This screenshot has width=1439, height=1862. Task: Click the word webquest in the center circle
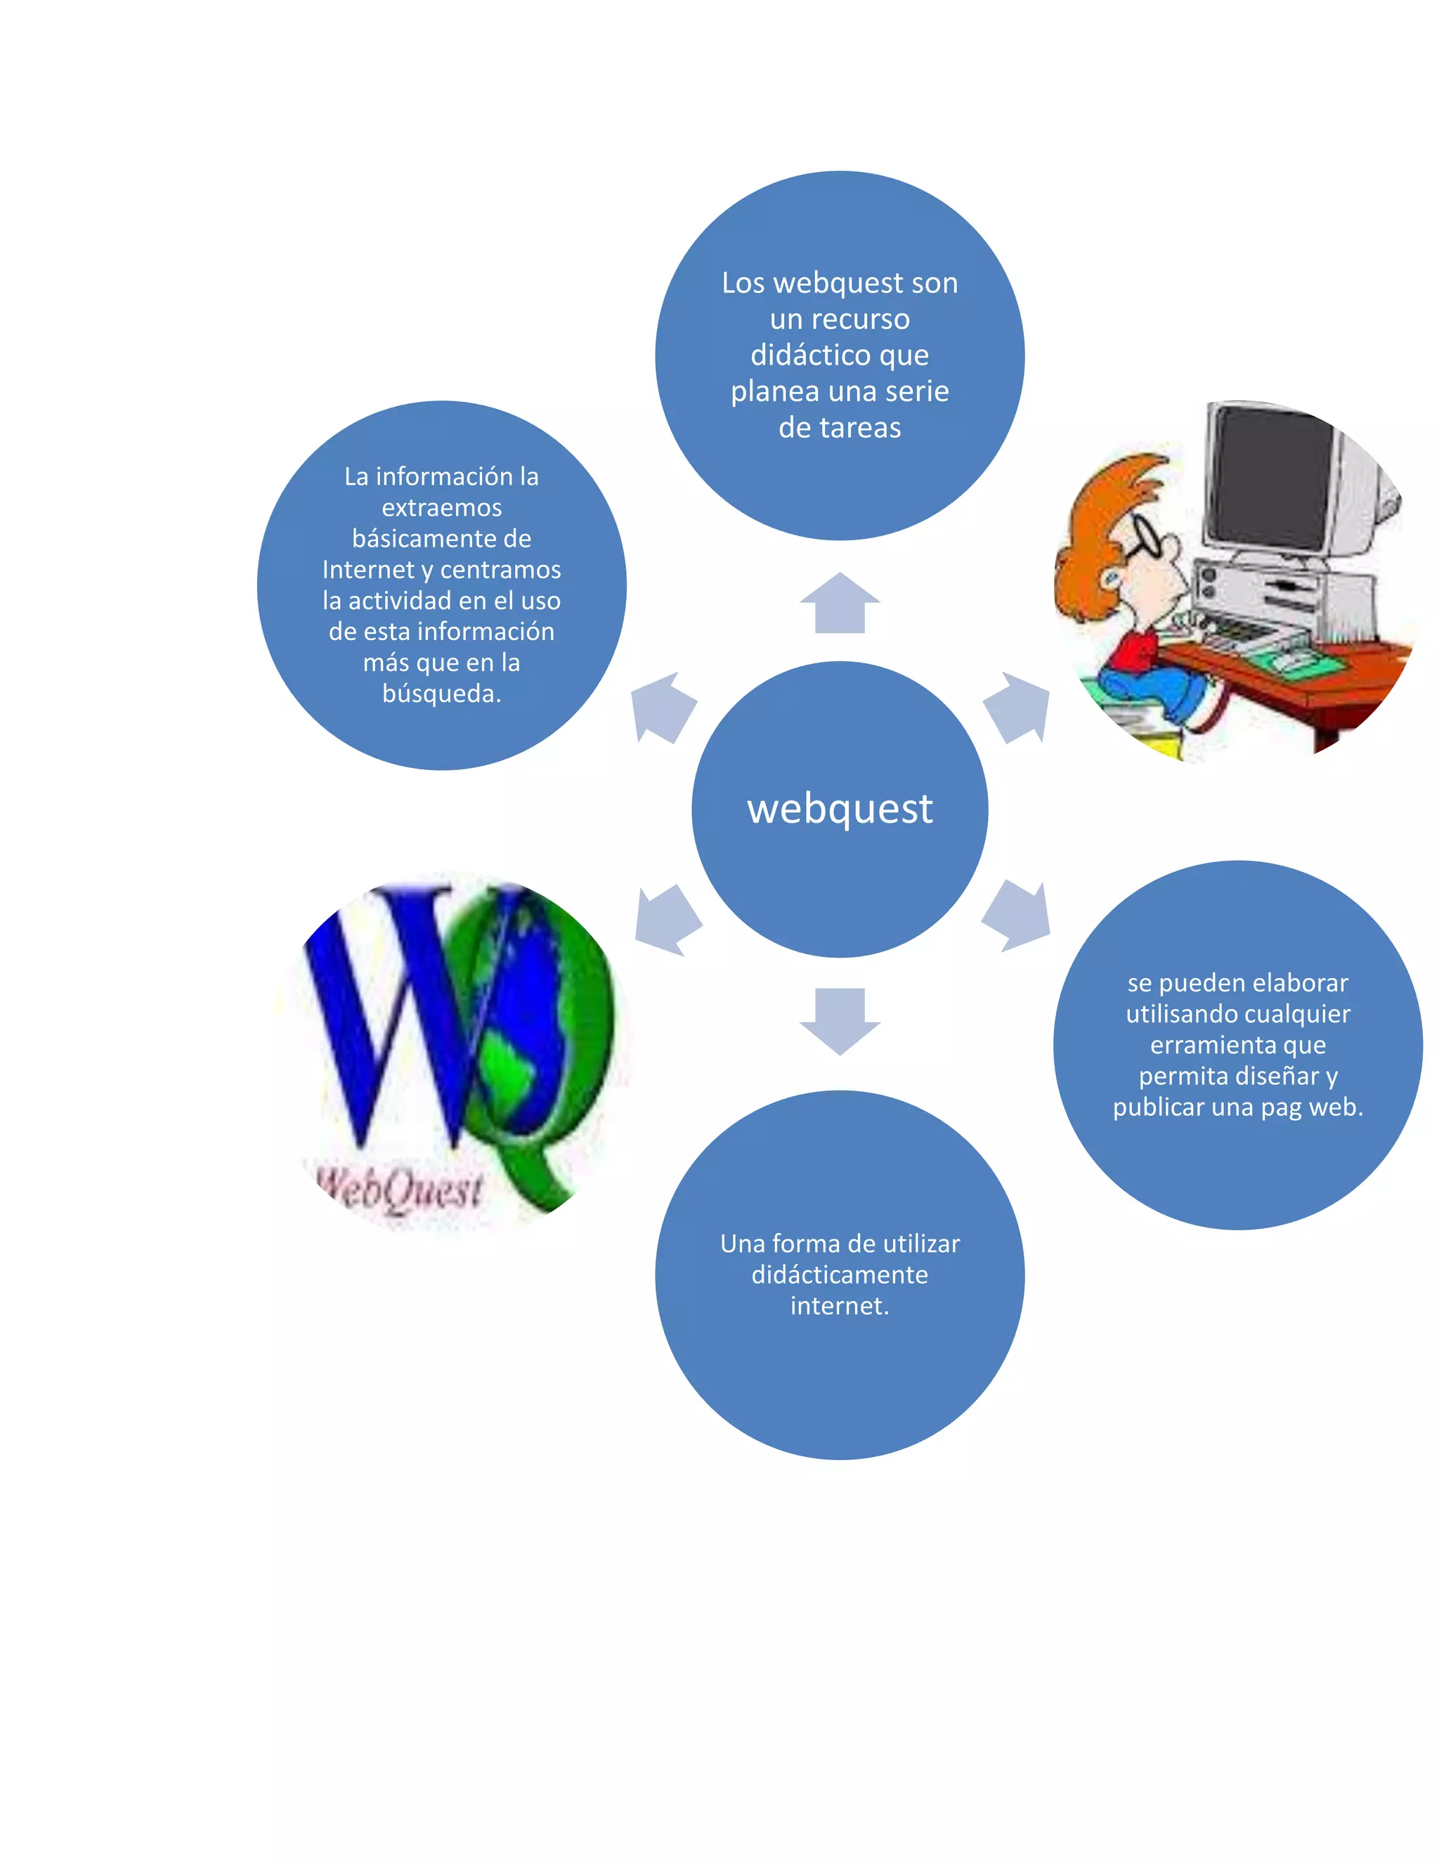pos(840,808)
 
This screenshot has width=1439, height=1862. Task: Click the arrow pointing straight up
pos(840,604)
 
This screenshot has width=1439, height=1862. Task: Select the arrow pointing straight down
pos(840,1020)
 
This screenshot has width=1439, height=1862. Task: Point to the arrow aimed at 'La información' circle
pos(663,707)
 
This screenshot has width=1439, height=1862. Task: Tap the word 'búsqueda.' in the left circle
pos(441,693)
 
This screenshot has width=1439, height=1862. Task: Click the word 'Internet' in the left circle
pos(367,570)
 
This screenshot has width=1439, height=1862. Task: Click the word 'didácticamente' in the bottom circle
pos(840,1275)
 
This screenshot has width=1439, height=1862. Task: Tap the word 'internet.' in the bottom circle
pos(840,1306)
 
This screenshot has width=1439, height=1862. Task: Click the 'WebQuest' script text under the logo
pos(401,1190)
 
